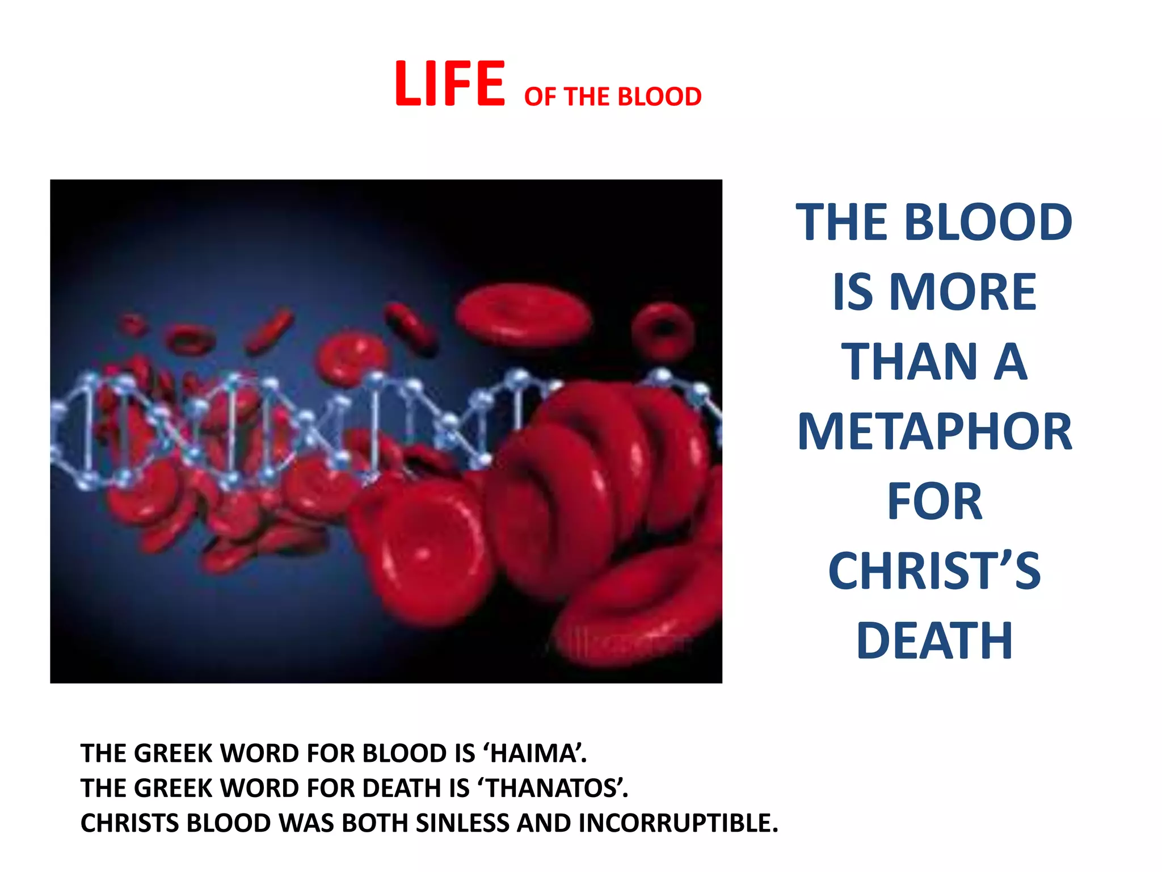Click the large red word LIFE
point(449,84)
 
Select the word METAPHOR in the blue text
point(934,432)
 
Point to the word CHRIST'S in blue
point(934,571)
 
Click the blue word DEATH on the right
point(934,641)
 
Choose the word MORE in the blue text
point(963,292)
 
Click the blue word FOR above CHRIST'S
point(934,502)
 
